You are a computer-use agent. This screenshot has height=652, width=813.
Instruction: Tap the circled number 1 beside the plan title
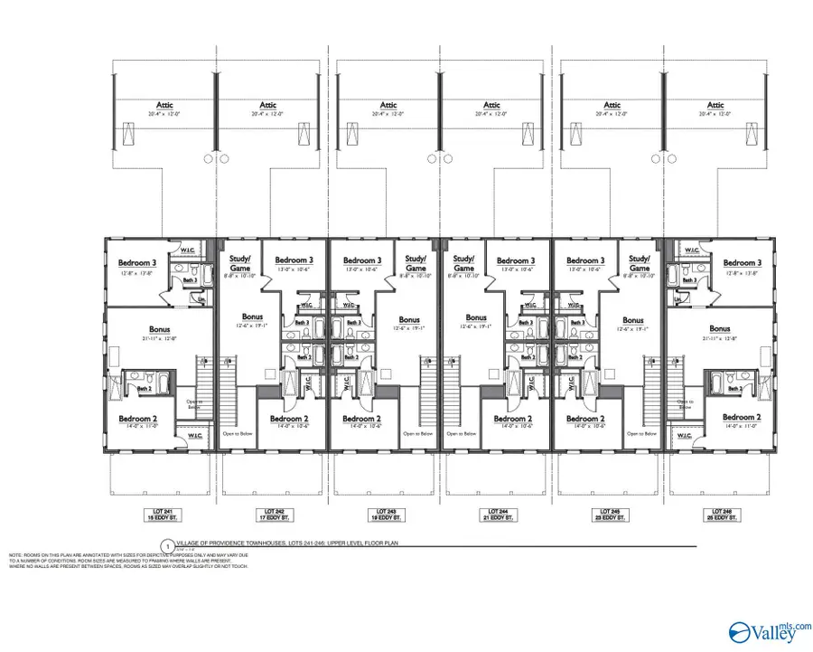(x=166, y=545)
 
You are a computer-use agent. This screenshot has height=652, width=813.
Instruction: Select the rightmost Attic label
(x=715, y=105)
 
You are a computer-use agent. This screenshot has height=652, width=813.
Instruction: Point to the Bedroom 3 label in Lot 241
(x=137, y=263)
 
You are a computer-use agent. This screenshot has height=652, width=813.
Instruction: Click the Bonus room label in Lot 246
(x=719, y=329)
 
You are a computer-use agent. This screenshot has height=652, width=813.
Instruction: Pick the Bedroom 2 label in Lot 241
(x=137, y=418)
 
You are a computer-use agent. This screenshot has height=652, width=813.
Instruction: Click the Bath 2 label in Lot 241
(x=144, y=389)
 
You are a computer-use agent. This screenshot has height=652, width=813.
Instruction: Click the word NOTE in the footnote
(x=16, y=554)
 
